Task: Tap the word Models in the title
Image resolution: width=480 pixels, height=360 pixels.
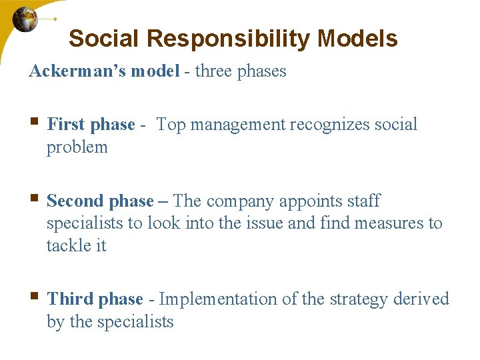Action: pyautogui.click(x=357, y=39)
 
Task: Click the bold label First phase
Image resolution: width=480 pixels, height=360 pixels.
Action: pyautogui.click(x=91, y=125)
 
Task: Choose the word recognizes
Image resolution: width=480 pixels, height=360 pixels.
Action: pyautogui.click(x=334, y=125)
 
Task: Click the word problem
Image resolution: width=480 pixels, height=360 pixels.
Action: pyautogui.click(x=77, y=147)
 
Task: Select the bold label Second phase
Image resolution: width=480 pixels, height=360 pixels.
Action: pyautogui.click(x=100, y=201)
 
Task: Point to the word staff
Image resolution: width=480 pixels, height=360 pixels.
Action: pyautogui.click(x=365, y=201)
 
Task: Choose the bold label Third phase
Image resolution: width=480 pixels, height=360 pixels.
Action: pyautogui.click(x=95, y=299)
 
